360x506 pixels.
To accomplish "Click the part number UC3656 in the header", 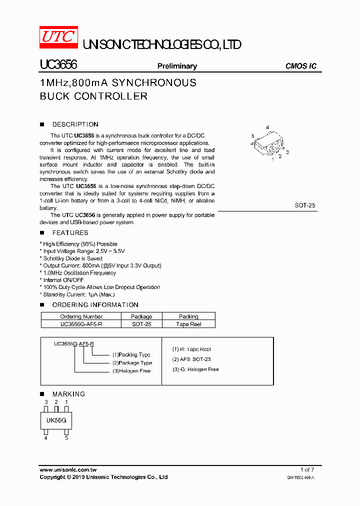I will tap(58, 65).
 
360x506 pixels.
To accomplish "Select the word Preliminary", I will tap(177, 66).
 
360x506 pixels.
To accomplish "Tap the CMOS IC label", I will tap(300, 66).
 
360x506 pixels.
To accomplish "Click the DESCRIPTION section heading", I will tap(75, 124).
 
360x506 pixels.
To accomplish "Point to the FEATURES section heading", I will tap(70, 233).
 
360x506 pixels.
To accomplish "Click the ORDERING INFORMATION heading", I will tap(95, 305).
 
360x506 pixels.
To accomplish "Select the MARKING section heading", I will tap(68, 394).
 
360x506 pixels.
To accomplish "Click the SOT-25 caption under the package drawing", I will tap(305, 205).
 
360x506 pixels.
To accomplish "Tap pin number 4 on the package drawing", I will tap(267, 127).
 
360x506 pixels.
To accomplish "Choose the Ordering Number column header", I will tap(81, 316).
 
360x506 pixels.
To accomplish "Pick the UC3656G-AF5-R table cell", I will tap(81, 324).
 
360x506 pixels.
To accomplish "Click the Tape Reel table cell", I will tap(188, 324).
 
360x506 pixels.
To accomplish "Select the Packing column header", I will tap(188, 316).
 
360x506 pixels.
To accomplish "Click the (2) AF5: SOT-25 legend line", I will tap(191, 359).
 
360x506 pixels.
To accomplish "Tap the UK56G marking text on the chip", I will tap(56, 420).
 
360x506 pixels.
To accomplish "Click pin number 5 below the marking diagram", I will tap(66, 438).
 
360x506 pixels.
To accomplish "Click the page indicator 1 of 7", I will tap(307, 469).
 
